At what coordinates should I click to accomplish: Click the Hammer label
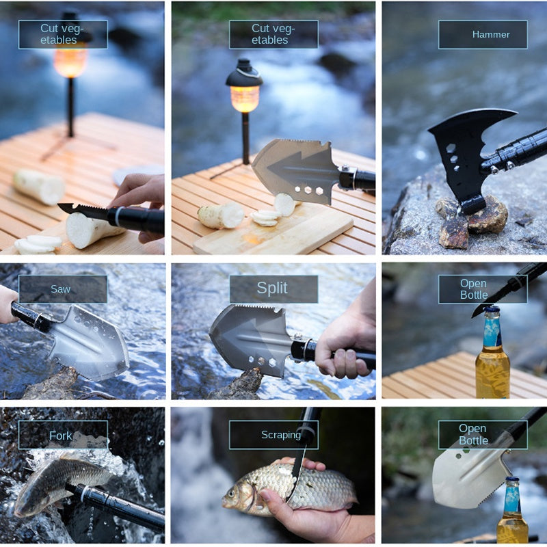[483, 34]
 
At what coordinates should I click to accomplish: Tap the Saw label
[62, 289]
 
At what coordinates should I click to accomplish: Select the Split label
[273, 289]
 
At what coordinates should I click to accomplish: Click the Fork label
[62, 435]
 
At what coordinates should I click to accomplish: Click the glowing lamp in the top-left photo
[71, 60]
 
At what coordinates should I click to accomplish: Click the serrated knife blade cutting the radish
[82, 211]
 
